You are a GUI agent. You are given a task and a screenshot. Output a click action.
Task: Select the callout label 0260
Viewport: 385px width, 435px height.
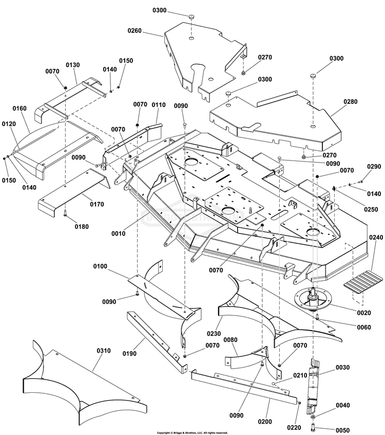pyautogui.click(x=135, y=31)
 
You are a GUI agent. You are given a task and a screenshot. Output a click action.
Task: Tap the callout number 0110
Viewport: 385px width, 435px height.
pyautogui.click(x=158, y=104)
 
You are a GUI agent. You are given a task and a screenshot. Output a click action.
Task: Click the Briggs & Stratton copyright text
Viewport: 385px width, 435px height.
pyautogui.click(x=192, y=432)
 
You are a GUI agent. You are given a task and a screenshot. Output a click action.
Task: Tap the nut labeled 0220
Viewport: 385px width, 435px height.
pyautogui.click(x=299, y=403)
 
